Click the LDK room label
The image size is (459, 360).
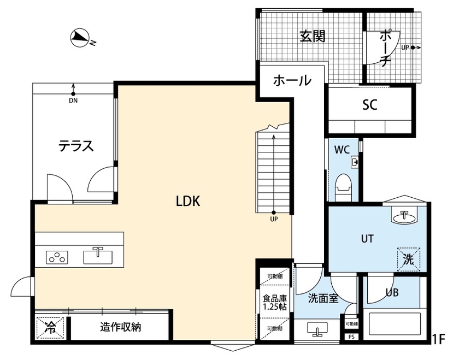point(189,202)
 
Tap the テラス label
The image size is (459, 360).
point(76,146)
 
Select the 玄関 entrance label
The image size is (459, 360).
point(312,37)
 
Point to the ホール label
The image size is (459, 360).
point(292,81)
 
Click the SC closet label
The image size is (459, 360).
point(370,105)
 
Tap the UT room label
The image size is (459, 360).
point(367,239)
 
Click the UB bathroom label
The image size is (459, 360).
point(392,292)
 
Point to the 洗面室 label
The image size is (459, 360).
point(323,298)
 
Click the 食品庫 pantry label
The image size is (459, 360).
point(274,303)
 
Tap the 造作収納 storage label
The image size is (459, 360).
point(121,328)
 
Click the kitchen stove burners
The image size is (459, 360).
point(56,257)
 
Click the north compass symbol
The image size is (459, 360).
point(81,37)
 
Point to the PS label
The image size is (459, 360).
point(351,337)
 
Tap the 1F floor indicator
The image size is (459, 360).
point(439,339)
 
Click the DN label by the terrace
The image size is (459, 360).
point(73,101)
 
